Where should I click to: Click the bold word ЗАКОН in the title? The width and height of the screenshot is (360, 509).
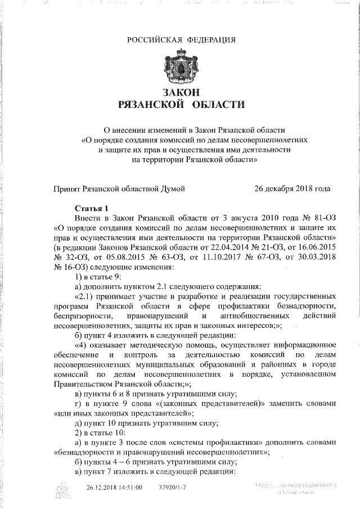click(181, 92)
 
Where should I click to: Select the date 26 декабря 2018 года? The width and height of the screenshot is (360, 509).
click(292, 189)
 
